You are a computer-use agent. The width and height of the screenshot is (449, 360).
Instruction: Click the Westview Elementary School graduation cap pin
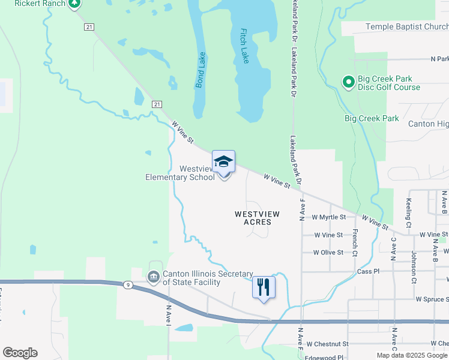click(x=223, y=162)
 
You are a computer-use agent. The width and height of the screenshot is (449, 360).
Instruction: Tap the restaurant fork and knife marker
click(x=264, y=287)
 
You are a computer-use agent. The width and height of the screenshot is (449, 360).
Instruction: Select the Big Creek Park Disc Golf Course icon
click(x=348, y=82)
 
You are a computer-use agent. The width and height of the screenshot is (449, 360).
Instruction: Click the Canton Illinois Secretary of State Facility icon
click(x=153, y=277)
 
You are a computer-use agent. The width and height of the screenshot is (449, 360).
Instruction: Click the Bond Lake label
click(x=200, y=70)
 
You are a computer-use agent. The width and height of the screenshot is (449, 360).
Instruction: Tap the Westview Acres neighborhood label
click(x=253, y=218)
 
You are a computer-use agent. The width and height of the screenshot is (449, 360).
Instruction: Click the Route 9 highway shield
click(x=128, y=285)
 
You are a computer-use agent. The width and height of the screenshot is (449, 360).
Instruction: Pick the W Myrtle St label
click(x=328, y=217)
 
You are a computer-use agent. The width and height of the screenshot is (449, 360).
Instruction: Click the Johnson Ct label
click(x=414, y=266)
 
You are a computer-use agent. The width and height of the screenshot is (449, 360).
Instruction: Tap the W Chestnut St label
click(x=327, y=344)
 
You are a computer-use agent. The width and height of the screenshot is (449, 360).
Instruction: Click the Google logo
click(x=20, y=353)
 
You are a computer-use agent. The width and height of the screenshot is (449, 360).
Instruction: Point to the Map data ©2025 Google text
click(x=411, y=355)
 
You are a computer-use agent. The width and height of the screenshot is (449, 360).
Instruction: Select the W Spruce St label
click(x=431, y=298)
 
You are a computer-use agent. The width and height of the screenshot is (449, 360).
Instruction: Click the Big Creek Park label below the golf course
click(x=372, y=118)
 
